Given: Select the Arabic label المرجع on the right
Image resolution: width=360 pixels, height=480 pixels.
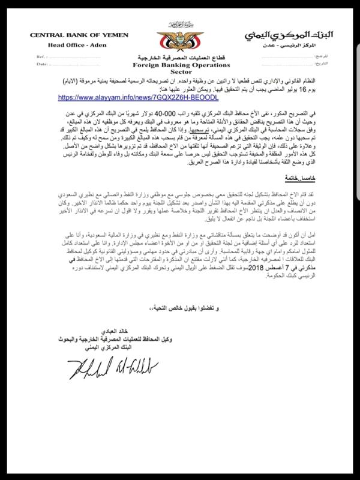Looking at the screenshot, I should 328,56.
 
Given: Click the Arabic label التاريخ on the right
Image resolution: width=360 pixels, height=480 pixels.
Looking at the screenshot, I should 328,63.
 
